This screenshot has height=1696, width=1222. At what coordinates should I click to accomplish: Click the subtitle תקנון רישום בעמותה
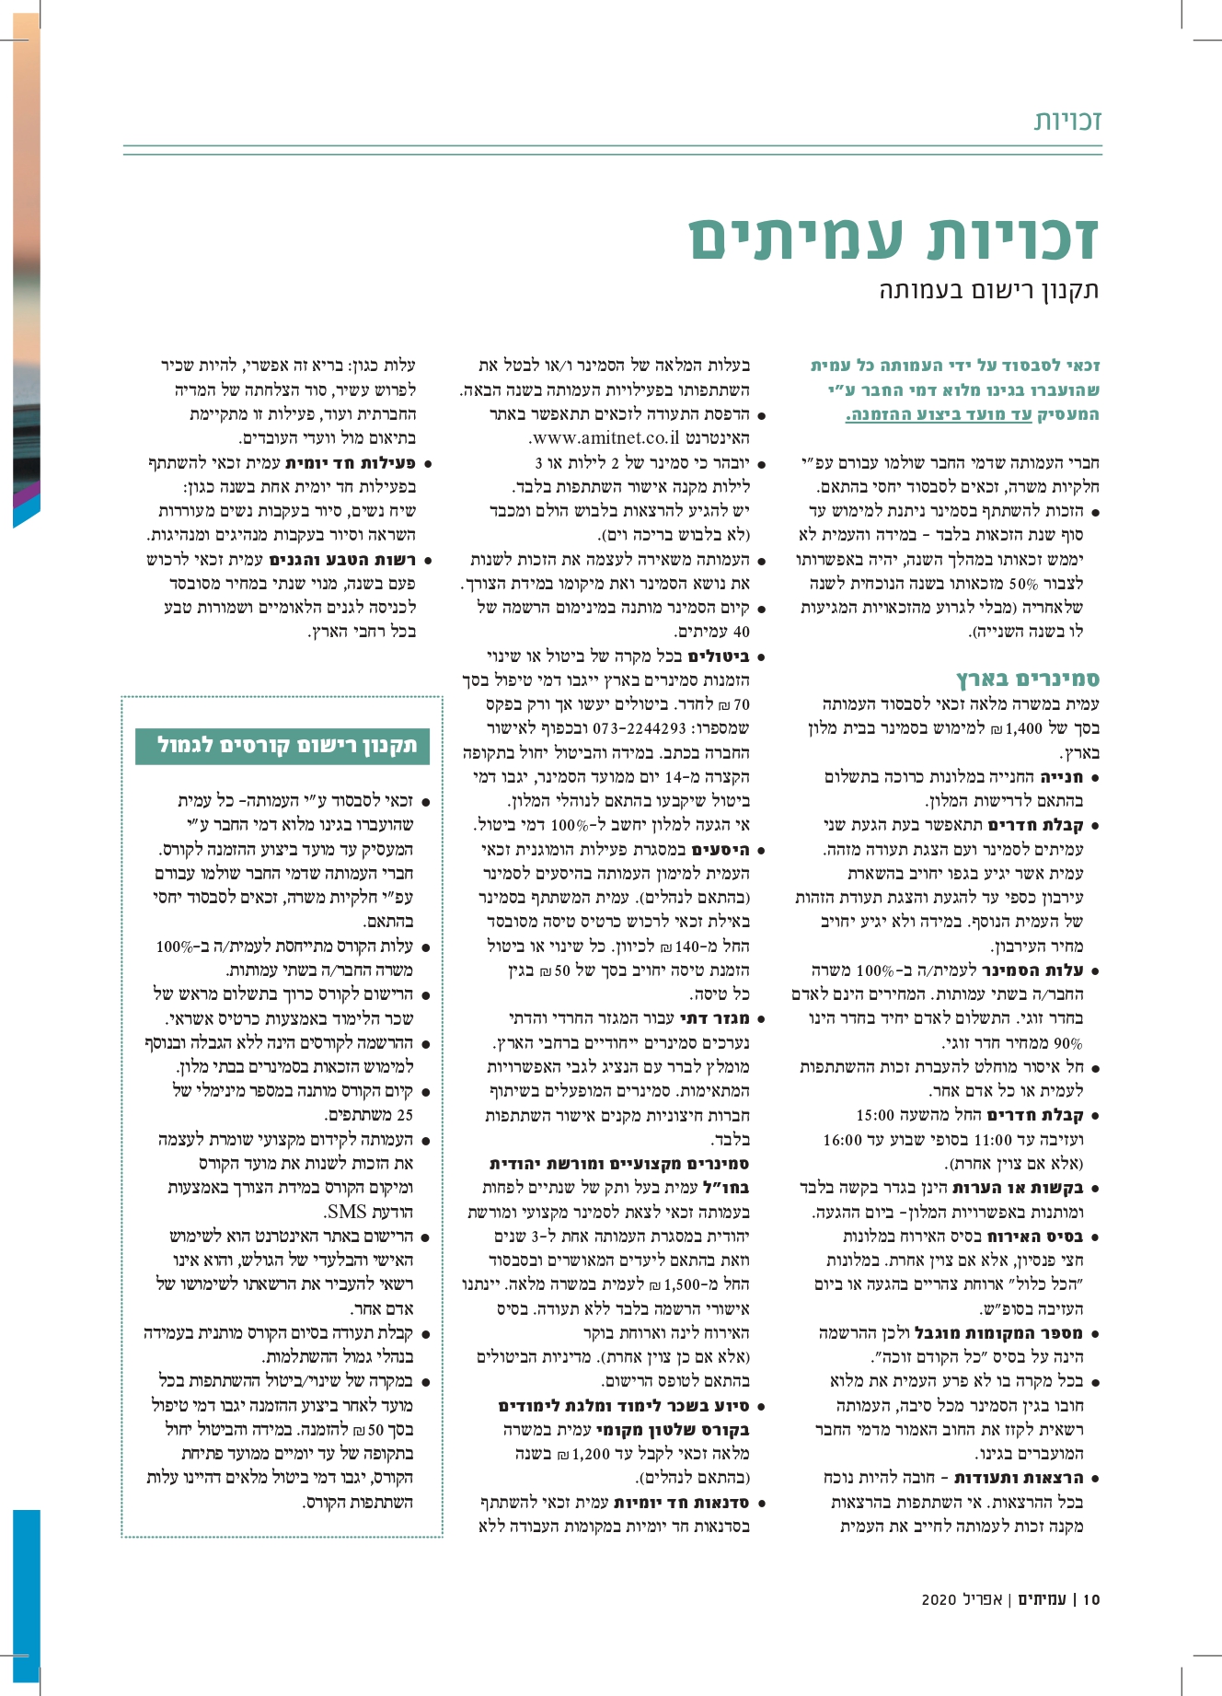coord(989,291)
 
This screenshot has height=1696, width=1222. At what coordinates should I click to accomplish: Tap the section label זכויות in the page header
coord(1067,121)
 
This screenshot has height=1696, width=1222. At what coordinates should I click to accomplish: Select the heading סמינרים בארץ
coord(1028,680)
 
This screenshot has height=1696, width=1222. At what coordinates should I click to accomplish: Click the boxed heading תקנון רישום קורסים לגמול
coord(287,745)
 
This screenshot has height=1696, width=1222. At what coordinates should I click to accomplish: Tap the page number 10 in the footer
coord(1091,1625)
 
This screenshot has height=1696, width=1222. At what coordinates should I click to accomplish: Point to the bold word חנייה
coord(1065,776)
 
